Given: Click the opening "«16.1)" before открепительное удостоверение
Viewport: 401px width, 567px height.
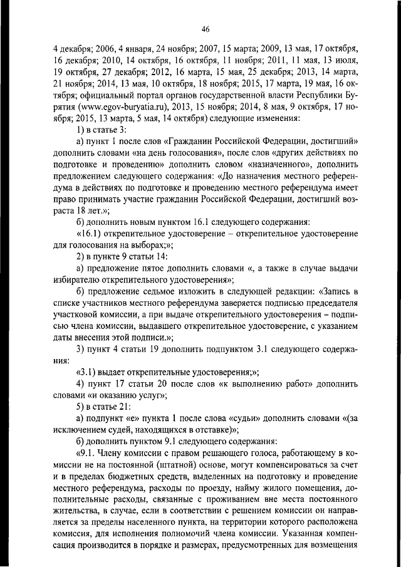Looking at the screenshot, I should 88,238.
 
